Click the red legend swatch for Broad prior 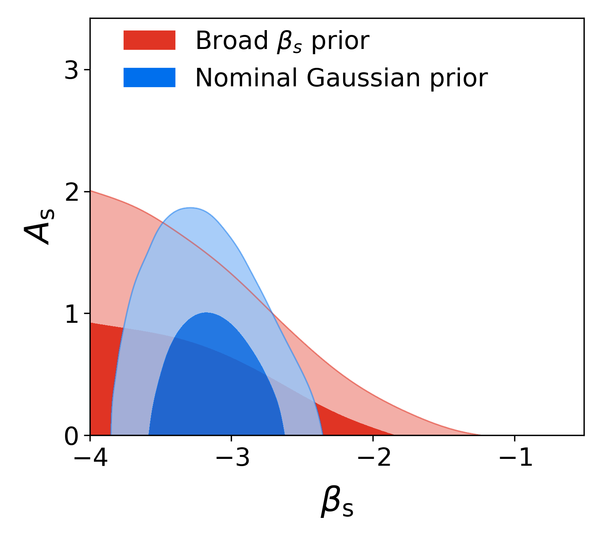149,40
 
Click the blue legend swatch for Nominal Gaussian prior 149,77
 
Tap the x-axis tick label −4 90,458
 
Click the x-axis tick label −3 232,458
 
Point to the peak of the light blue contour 190,208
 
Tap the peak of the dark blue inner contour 206,312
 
